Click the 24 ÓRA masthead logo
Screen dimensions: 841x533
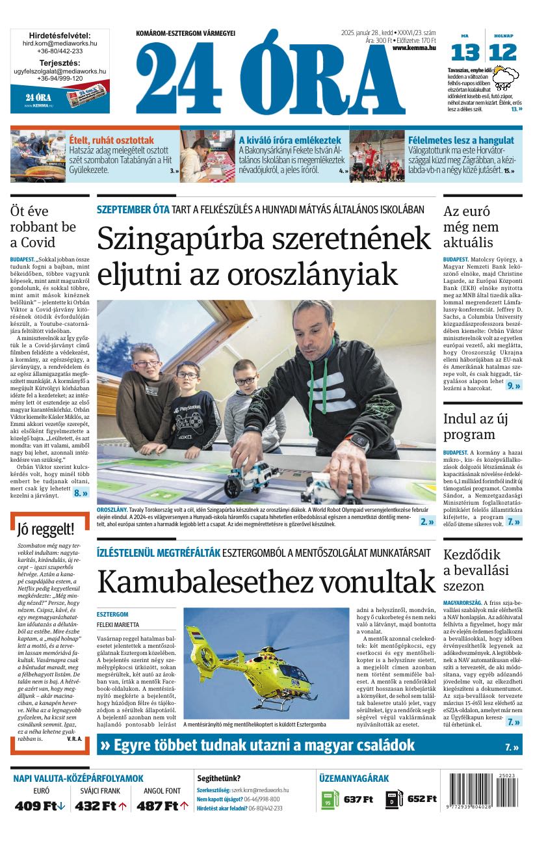(270, 77)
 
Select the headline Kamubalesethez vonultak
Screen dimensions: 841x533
(266, 581)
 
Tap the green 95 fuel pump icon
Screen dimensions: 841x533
(330, 799)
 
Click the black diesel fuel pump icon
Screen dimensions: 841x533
(393, 799)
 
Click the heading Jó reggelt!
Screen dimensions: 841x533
(46, 529)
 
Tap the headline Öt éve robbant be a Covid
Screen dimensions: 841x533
(43, 226)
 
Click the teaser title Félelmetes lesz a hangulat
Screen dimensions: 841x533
(460, 140)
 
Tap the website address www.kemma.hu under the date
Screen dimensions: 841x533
(414, 48)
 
